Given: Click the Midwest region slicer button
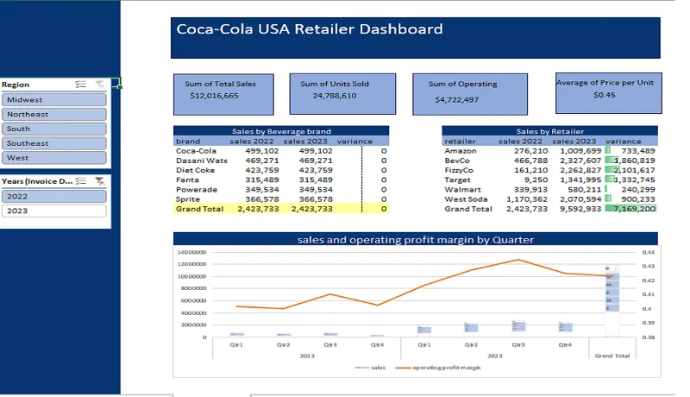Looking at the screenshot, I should pyautogui.click(x=54, y=99).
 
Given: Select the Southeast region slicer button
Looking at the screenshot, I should pyautogui.click(x=54, y=143).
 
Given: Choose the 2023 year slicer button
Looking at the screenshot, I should pyautogui.click(x=54, y=211).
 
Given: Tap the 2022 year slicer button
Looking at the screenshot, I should pyautogui.click(x=54, y=196).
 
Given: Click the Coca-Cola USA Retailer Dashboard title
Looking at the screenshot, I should pyautogui.click(x=310, y=29).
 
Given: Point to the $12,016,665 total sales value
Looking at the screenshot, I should pyautogui.click(x=214, y=96).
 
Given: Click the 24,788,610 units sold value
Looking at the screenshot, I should pyautogui.click(x=335, y=96).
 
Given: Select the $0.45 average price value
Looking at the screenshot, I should pyautogui.click(x=605, y=95).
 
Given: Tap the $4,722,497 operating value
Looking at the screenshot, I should pyautogui.click(x=456, y=99).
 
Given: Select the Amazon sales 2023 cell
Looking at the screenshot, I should pyautogui.click(x=579, y=151).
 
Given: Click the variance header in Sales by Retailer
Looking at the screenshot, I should pyautogui.click(x=624, y=141).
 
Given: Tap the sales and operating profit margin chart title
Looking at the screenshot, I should pyautogui.click(x=415, y=239).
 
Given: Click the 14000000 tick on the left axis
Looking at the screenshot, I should pyautogui.click(x=192, y=252).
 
